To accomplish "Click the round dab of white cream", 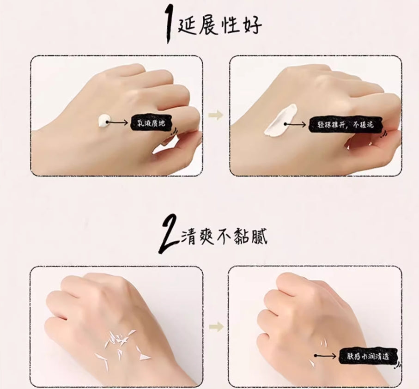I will click(x=103, y=121).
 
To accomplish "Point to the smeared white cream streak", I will click(x=280, y=121).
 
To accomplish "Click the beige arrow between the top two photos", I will click(x=216, y=115).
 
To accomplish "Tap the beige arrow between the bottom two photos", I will click(x=216, y=327).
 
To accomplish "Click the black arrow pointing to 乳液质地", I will click(x=120, y=123).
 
